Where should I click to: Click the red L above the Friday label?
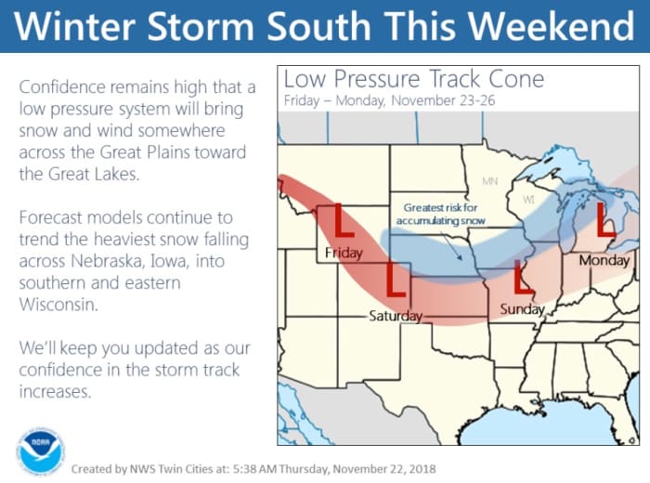pos(342,222)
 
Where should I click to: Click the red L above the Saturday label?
pos(396,281)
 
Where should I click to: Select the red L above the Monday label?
pos(606,220)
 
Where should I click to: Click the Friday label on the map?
pos(343,253)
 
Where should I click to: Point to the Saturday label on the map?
pos(396,316)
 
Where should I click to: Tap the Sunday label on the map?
pos(521,308)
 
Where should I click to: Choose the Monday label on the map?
pos(604,261)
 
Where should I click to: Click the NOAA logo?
pos(40,450)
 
